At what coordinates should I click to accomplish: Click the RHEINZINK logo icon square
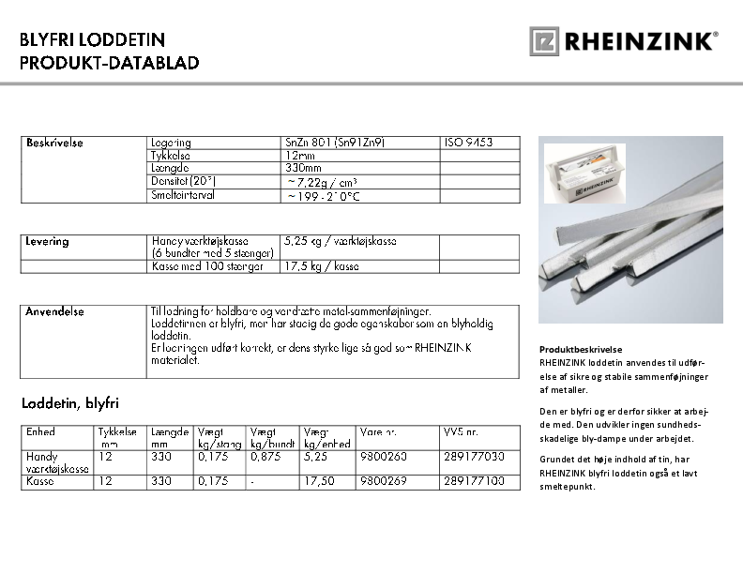544,40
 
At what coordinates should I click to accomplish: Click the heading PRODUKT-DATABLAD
110,63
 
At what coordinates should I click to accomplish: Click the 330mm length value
303,168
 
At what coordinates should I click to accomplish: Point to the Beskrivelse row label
55,143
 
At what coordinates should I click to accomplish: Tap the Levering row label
48,242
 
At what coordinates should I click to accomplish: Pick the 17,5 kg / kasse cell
322,266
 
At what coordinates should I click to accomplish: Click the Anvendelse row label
55,310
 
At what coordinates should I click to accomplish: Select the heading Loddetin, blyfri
70,403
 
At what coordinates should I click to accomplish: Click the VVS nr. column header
461,432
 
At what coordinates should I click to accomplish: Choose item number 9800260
383,457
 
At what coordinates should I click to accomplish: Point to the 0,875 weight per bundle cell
266,457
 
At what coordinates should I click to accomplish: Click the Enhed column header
40,432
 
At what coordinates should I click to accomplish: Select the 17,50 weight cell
319,481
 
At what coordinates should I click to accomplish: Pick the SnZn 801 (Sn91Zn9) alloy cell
335,143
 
